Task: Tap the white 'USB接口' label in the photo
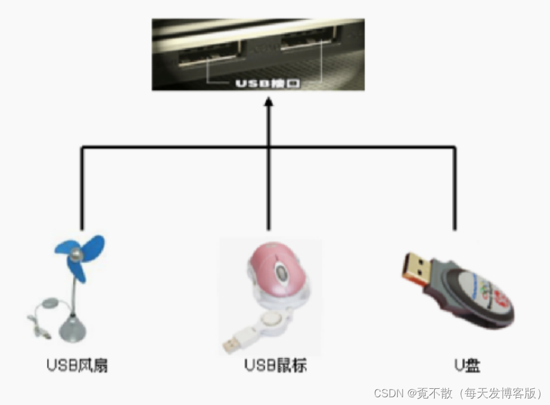pos(268,83)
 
